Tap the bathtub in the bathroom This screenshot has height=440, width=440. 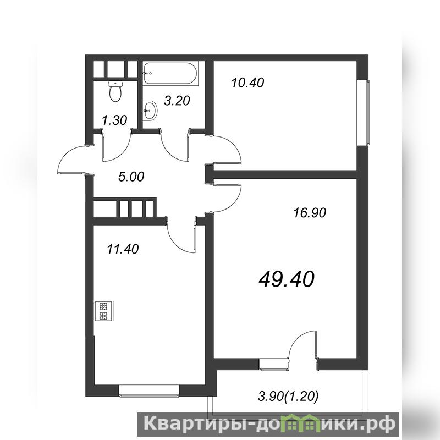170,73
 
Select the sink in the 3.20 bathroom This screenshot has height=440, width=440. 150,111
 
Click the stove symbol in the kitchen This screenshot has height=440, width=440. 104,311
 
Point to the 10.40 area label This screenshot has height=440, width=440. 248,83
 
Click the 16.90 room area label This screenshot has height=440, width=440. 310,213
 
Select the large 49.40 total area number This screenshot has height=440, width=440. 287,279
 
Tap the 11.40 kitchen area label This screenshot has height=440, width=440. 123,249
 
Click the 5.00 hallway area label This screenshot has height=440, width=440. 131,177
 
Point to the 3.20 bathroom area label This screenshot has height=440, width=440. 177,101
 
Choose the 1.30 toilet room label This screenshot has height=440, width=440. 114,120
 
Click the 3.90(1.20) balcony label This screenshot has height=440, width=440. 288,397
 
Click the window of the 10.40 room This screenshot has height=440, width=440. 367,113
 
